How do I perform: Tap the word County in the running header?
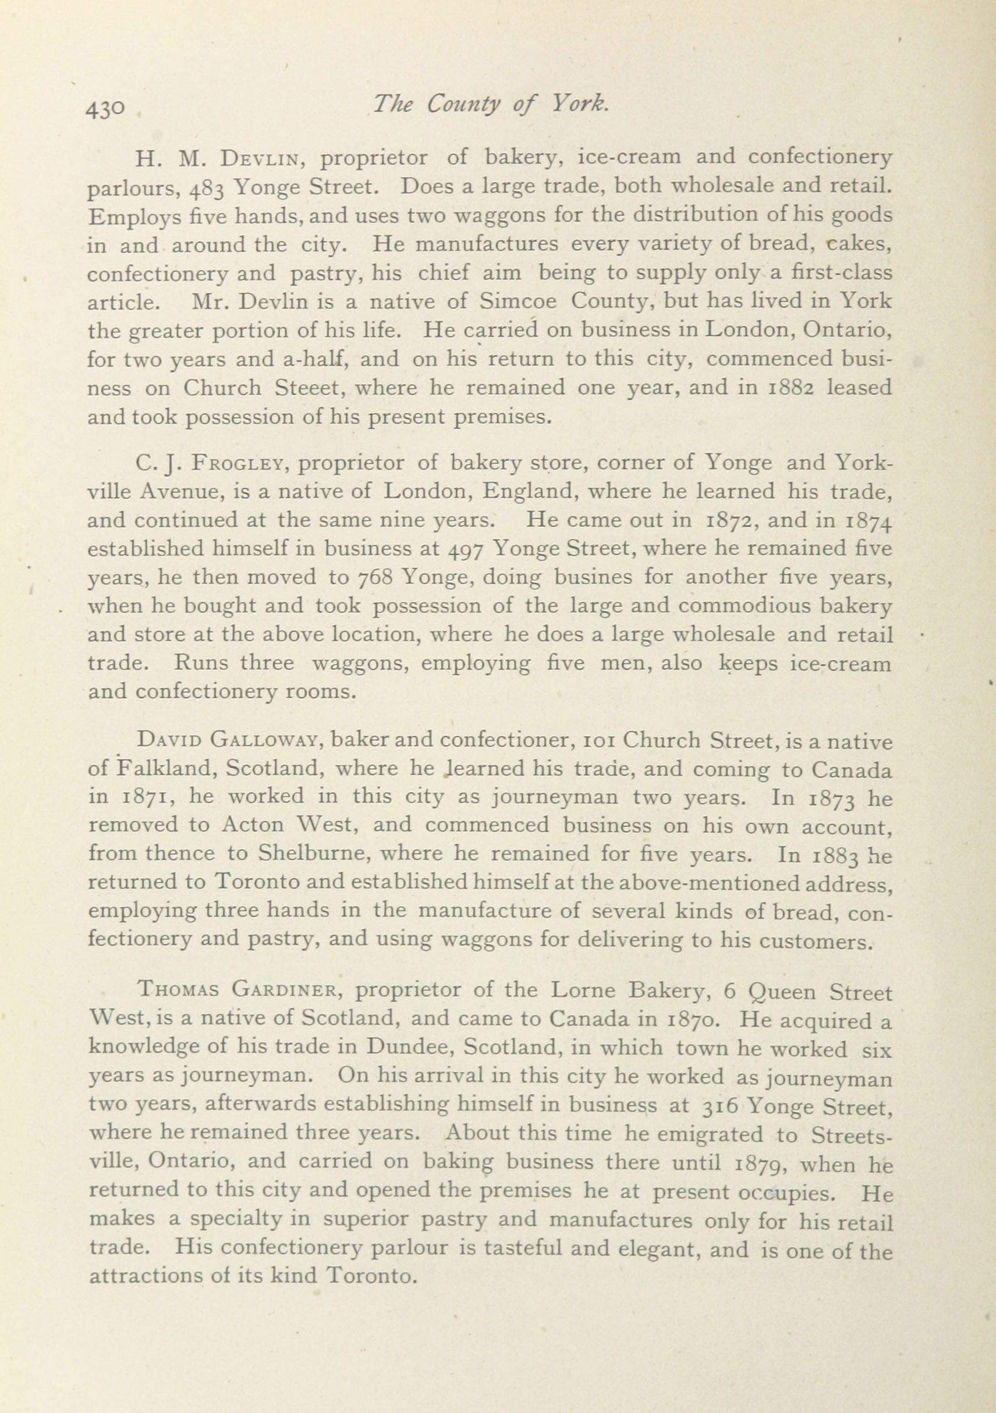pyautogui.click(x=460, y=106)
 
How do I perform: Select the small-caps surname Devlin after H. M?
pyautogui.click(x=261, y=158)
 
